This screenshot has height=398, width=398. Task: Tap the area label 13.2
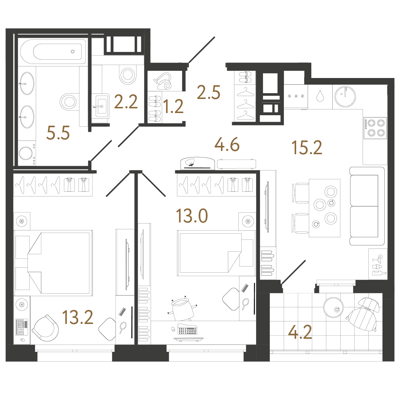(x=78, y=317)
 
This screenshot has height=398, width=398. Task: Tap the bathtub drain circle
(x=73, y=52)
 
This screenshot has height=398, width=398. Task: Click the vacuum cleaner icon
(x=163, y=81)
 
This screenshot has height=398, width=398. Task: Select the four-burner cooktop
(x=375, y=128)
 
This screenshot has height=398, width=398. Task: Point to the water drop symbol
(x=320, y=96)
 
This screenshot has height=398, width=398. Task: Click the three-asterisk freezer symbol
(x=296, y=96)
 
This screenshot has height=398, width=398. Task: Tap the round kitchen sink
(x=345, y=97)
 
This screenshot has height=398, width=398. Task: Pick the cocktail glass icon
(x=378, y=259)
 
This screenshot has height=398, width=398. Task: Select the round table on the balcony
(x=333, y=307)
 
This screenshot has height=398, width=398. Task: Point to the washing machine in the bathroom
(x=27, y=154)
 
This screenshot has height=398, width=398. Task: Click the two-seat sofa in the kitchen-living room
(x=367, y=206)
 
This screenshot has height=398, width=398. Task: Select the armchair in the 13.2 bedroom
(x=45, y=328)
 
